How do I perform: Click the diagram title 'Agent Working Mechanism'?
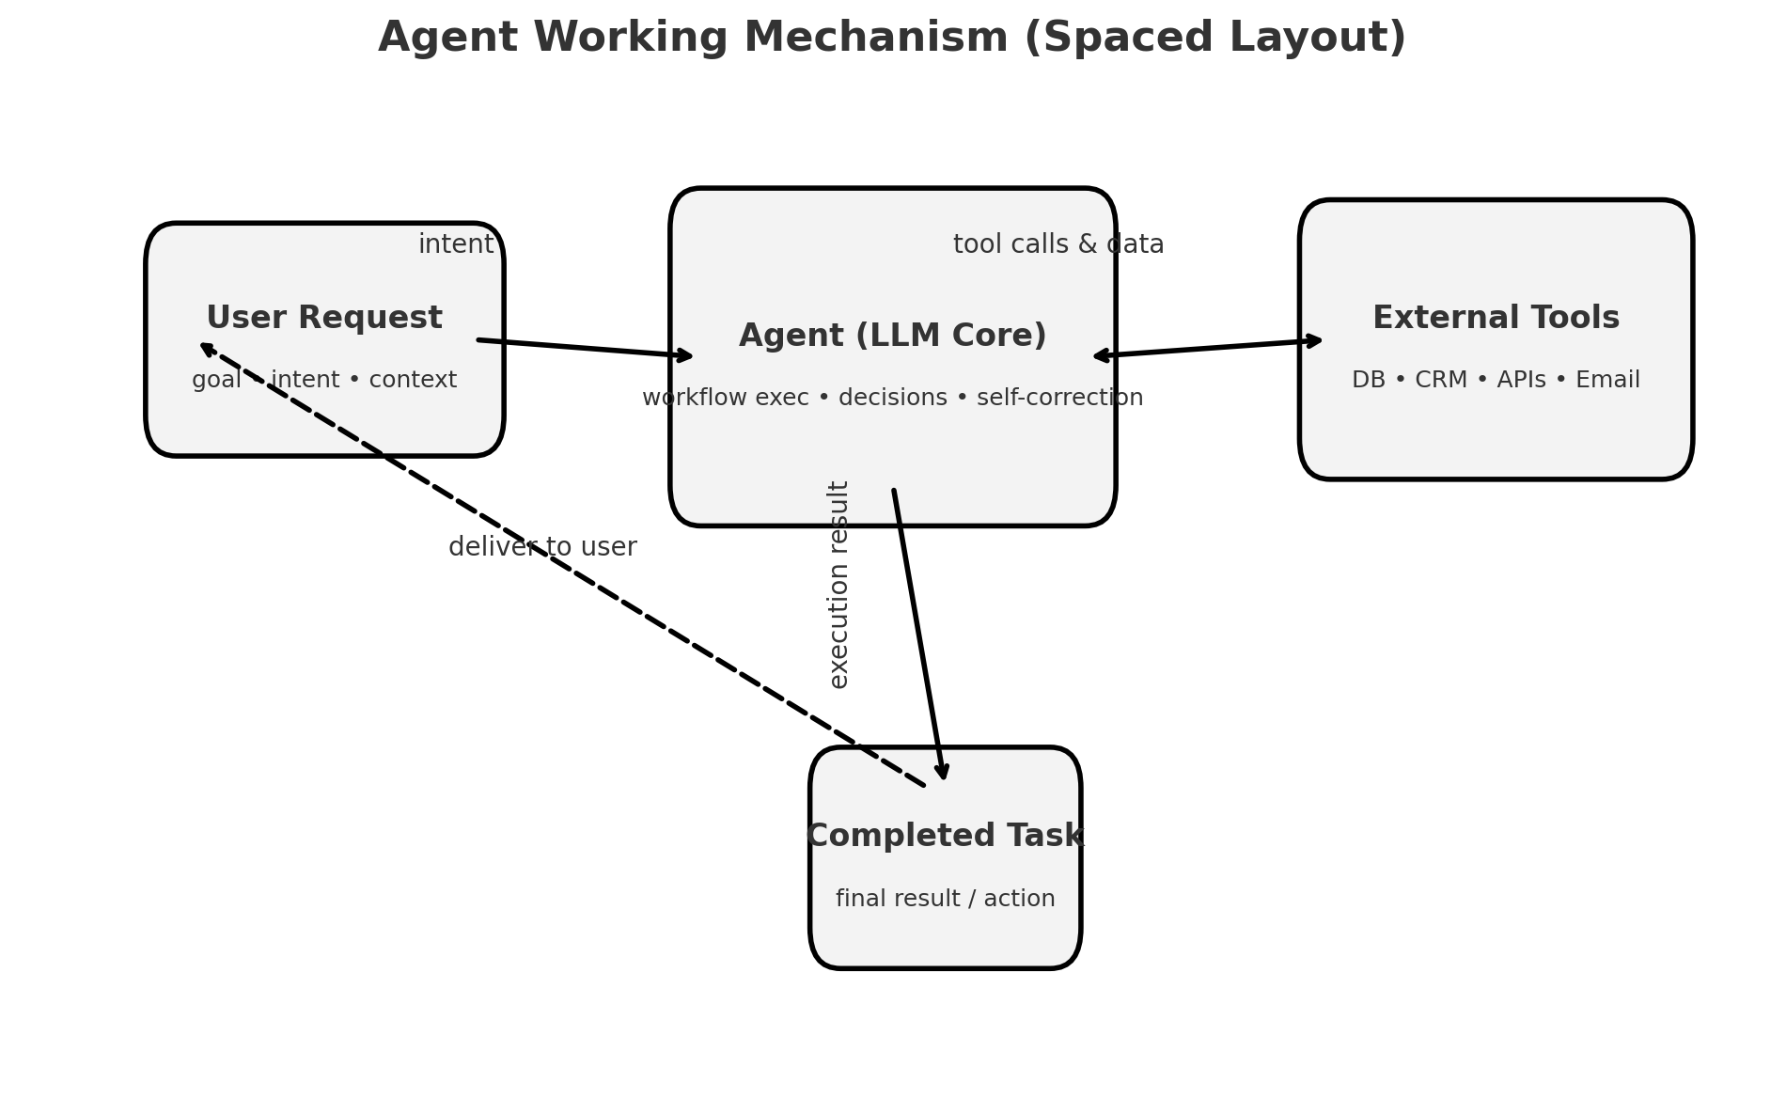(696, 39)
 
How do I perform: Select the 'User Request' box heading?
(324, 318)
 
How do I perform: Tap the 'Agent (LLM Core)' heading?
(892, 336)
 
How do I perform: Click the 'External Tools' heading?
(1496, 318)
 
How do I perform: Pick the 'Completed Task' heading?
(945, 836)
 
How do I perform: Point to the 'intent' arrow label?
(456, 244)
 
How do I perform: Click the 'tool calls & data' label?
(1058, 244)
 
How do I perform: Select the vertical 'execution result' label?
(838, 585)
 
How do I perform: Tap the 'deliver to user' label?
(542, 547)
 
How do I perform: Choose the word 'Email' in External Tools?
(1607, 380)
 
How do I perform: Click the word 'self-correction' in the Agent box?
(1059, 398)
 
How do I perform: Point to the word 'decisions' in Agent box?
(892, 398)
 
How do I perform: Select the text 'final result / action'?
(945, 899)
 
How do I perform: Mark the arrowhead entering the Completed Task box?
(943, 773)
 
